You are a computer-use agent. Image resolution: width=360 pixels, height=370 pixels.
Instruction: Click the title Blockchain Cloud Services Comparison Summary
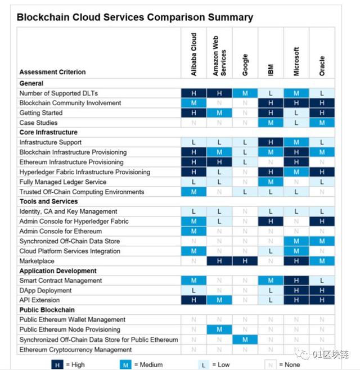click(x=135, y=17)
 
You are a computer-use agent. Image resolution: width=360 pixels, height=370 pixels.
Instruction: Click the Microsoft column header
click(x=296, y=61)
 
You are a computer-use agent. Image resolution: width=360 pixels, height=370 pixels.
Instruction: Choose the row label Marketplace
click(x=37, y=261)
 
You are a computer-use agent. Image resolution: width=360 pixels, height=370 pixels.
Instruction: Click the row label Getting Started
click(x=41, y=113)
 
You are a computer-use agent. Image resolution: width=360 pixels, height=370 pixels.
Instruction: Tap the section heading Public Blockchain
click(x=47, y=310)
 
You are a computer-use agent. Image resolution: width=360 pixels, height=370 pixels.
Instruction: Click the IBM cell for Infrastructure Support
click(x=271, y=142)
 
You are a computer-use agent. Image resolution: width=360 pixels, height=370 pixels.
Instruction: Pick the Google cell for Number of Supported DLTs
click(x=245, y=93)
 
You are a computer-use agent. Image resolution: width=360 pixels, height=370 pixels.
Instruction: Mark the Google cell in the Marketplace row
click(x=245, y=261)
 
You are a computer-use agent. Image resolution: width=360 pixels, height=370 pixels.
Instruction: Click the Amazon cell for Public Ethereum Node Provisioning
click(x=219, y=330)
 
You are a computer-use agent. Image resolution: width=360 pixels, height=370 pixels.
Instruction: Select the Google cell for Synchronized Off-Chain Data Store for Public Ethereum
click(x=245, y=340)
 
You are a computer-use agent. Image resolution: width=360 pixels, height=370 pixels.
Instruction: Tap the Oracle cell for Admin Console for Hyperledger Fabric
click(x=322, y=222)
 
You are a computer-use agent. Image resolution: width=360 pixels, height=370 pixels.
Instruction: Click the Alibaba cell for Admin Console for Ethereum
click(x=193, y=231)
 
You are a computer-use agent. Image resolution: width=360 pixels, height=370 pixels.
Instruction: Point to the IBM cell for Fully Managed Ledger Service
click(x=271, y=182)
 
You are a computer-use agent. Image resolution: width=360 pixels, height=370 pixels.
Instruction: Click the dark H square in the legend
click(x=57, y=364)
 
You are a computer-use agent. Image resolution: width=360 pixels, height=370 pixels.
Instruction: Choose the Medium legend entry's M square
click(x=125, y=364)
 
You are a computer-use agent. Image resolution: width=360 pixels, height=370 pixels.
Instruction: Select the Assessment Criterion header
click(x=52, y=72)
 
